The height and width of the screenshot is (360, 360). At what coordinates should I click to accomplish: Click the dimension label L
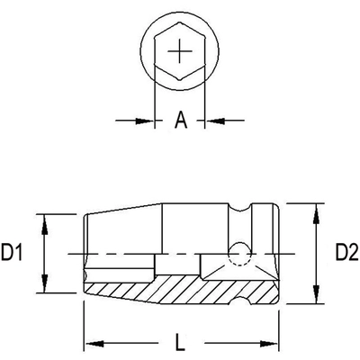click(181, 342)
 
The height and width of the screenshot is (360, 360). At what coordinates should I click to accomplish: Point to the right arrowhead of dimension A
click(211, 119)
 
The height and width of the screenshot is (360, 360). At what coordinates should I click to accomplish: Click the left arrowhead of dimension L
click(90, 343)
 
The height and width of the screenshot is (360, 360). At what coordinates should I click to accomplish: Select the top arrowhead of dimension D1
click(42, 218)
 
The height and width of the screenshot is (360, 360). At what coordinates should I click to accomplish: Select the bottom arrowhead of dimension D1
click(42, 289)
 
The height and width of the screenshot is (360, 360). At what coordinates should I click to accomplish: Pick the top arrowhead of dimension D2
click(316, 210)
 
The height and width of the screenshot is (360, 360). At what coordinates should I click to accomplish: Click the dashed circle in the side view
click(238, 254)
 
